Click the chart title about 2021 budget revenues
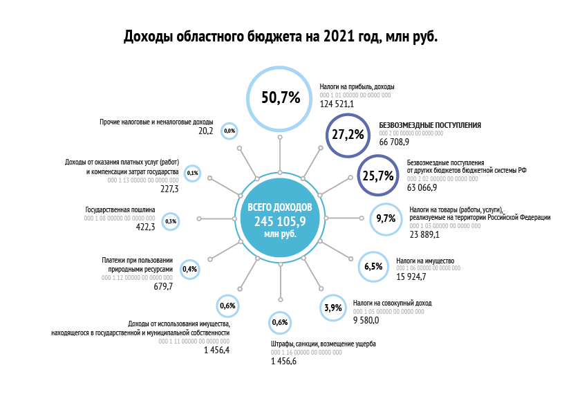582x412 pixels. [x=281, y=37]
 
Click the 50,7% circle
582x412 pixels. [x=280, y=97]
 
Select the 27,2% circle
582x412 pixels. [x=348, y=134]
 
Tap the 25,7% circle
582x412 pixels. [x=377, y=176]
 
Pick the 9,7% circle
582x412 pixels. [x=386, y=218]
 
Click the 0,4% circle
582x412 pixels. [x=189, y=268]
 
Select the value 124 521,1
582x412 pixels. [x=337, y=104]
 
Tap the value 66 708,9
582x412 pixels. [x=394, y=142]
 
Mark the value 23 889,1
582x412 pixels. [x=424, y=235]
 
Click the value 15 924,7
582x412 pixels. [x=411, y=277]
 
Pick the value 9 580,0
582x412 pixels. [x=366, y=320]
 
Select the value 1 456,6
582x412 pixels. [x=283, y=361]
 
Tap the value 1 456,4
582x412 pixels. [x=216, y=350]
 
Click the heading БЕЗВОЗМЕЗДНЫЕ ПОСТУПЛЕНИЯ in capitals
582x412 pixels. [x=430, y=125]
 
